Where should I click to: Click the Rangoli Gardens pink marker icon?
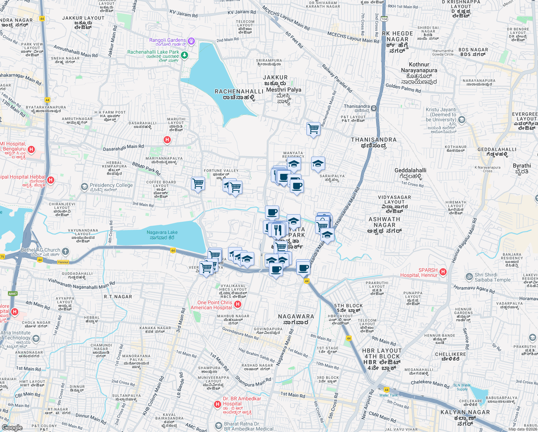[x=191, y=41]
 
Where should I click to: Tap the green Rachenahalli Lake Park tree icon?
[x=184, y=55]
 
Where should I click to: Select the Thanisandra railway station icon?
[x=374, y=108]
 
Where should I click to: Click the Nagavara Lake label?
[x=162, y=235]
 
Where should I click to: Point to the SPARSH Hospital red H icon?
[x=443, y=272]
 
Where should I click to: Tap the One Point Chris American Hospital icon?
[x=237, y=305]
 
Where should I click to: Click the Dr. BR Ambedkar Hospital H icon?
[x=217, y=404]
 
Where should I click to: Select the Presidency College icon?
[x=84, y=186]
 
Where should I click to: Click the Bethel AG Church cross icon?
[x=65, y=251]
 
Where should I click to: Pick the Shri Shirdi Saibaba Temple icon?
[x=469, y=276]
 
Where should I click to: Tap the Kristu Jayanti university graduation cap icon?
[x=462, y=120]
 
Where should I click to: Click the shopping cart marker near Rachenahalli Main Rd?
[x=314, y=129]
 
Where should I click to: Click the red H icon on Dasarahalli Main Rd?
[x=167, y=140]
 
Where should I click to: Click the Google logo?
[x=12, y=427]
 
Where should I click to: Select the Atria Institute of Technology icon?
[x=36, y=338]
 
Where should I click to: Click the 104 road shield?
[x=384, y=19]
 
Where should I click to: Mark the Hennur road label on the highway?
[x=63, y=262]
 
